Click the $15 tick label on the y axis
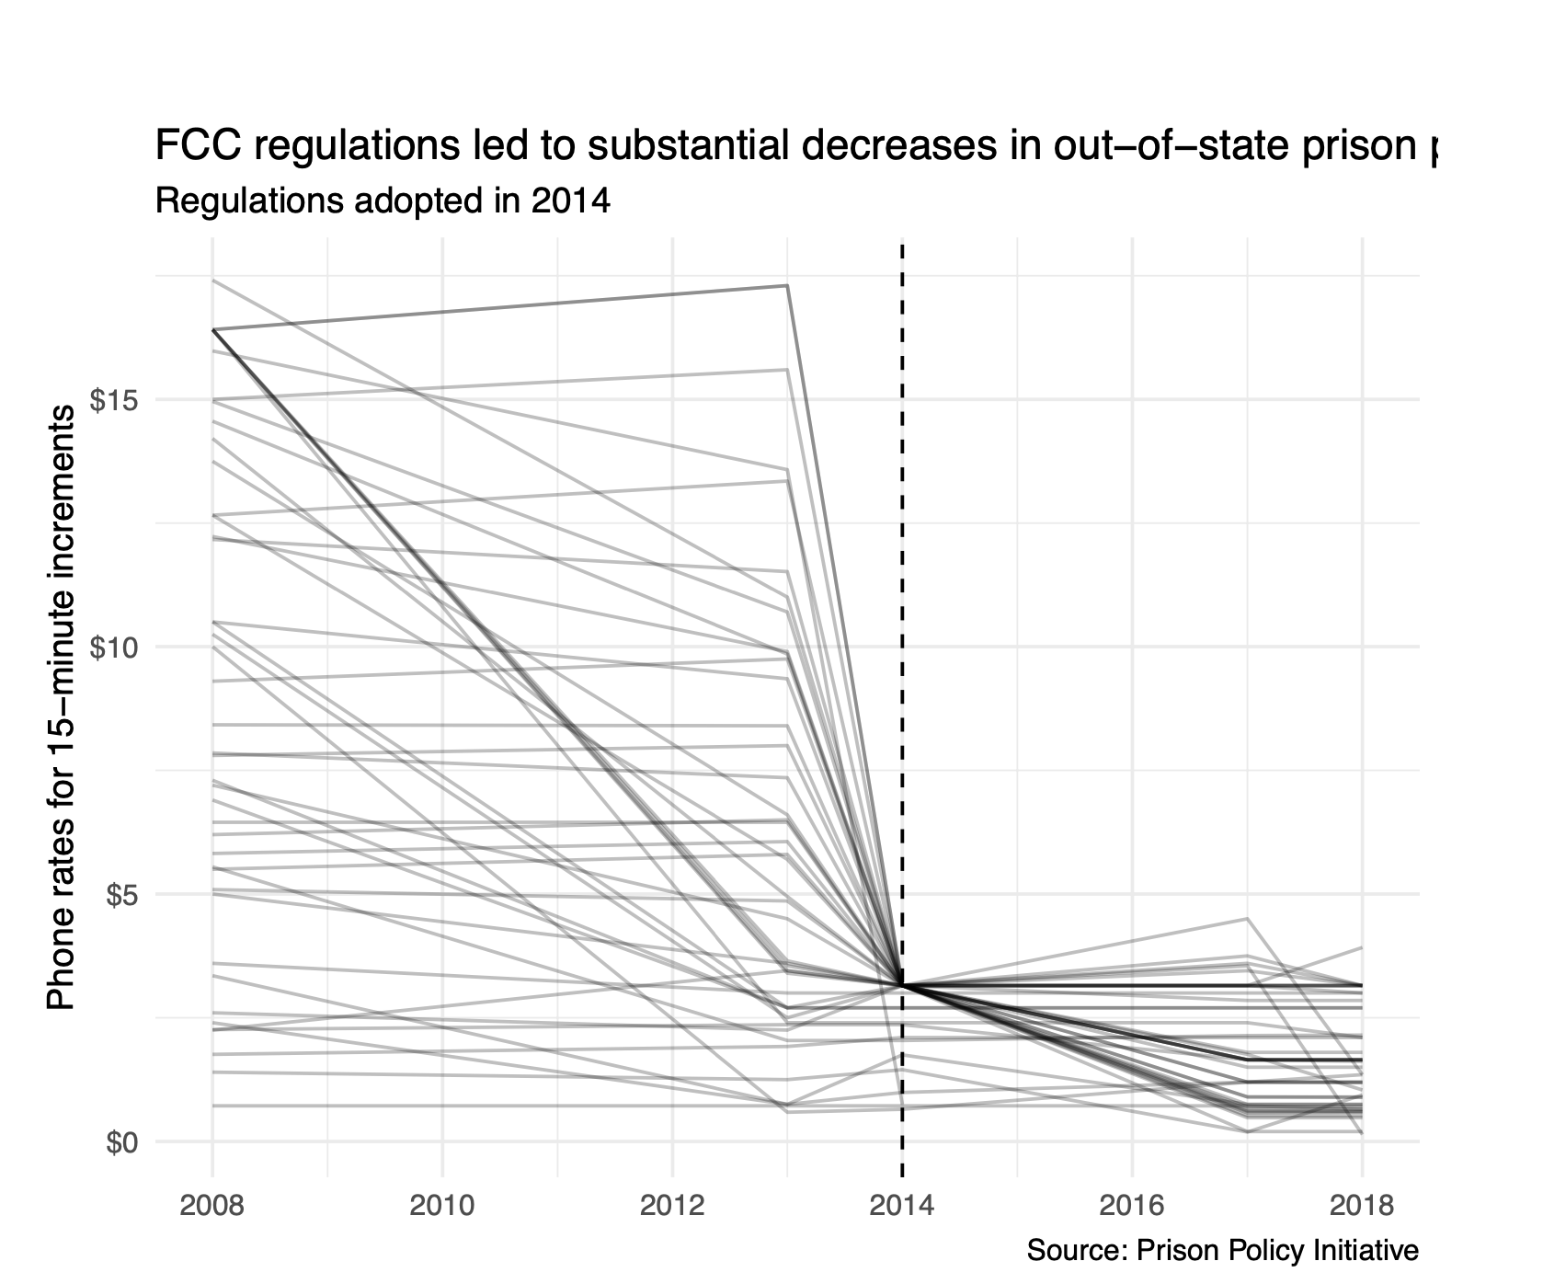pos(112,400)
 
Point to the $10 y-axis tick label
pos(112,648)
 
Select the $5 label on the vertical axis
pos(120,895)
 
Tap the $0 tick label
pos(120,1142)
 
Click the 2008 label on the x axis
pos(212,1204)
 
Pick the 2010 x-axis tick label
pos(442,1204)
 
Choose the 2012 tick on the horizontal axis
pos(672,1204)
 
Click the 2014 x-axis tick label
pos(902,1204)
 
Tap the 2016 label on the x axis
pos(1132,1204)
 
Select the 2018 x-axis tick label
pos(1362,1204)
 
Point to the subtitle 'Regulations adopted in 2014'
pos(383,201)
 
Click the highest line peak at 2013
pos(787,286)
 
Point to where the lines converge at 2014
pos(902,985)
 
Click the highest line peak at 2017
pos(1247,919)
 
